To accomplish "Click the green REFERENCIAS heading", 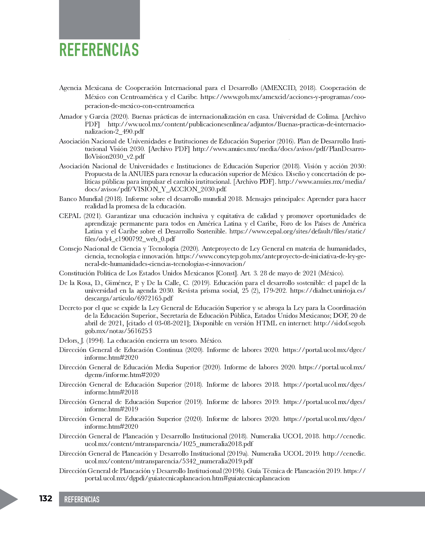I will click(99, 50).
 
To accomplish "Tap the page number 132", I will click(46, 498).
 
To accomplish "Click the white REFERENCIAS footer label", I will click(82, 499).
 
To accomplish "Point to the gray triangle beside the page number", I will click(8, 499).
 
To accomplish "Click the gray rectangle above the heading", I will click(99, 19).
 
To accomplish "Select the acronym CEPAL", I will click(70, 216).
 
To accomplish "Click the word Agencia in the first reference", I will click(70, 88).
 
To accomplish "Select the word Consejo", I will click(70, 248).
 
